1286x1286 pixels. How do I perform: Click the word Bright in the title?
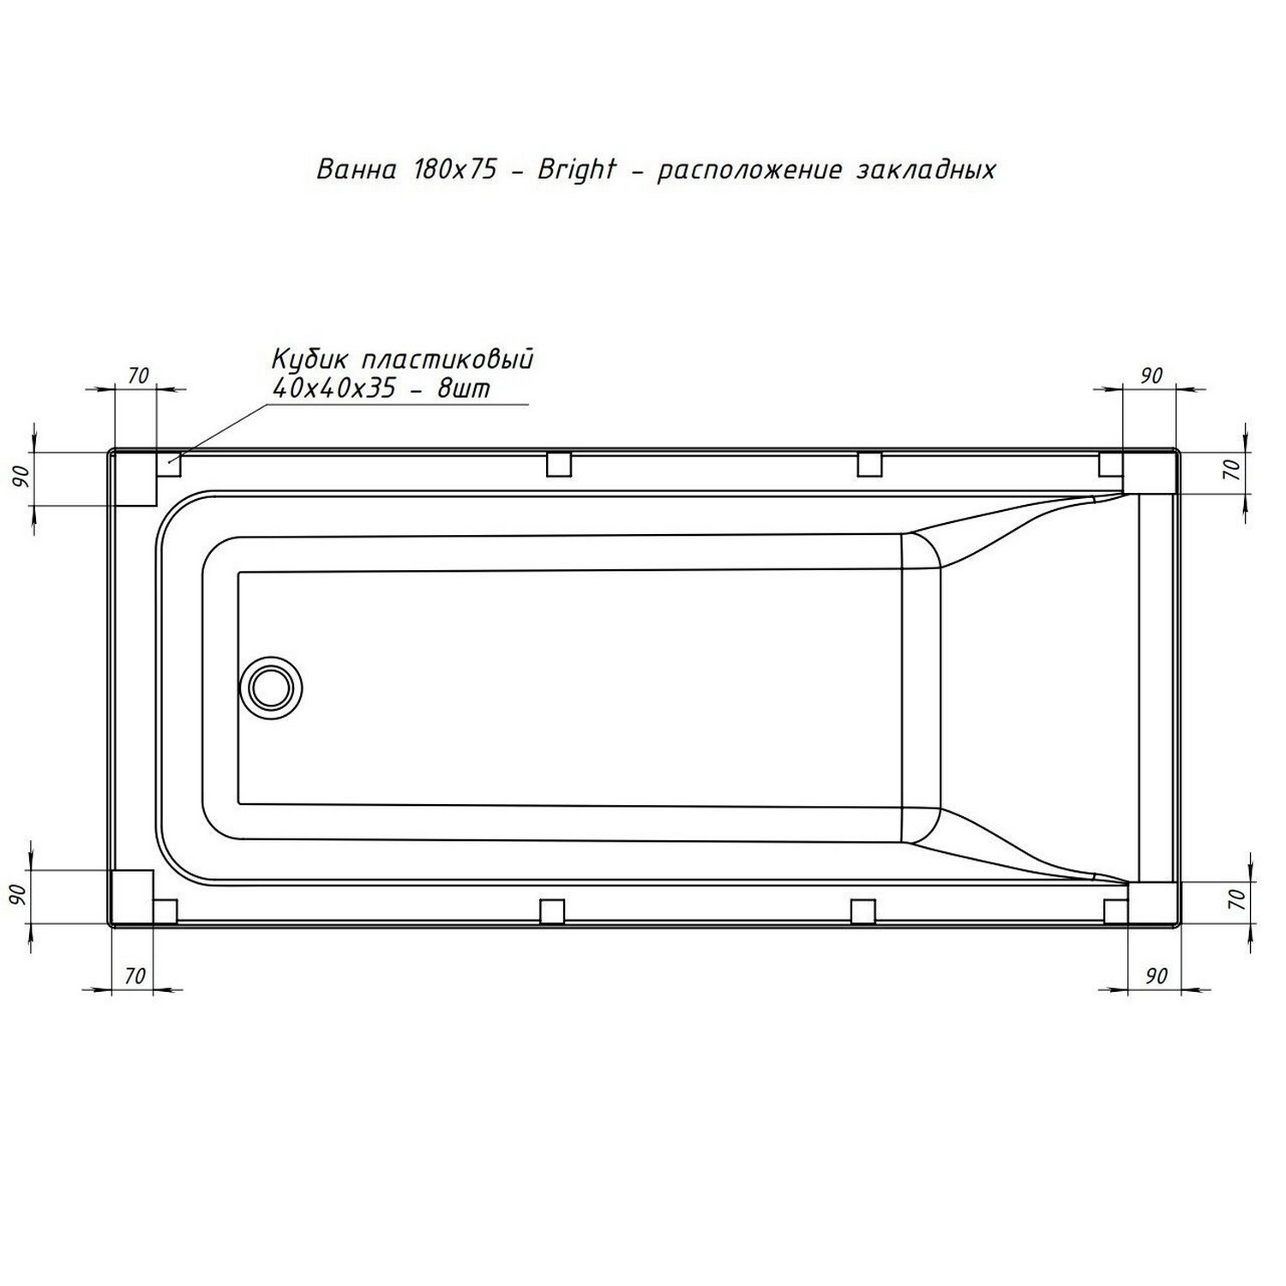click(576, 170)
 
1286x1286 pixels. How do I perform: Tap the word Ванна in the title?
click(357, 170)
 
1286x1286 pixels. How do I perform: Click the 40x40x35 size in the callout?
click(334, 388)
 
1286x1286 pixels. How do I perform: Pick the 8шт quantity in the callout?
click(464, 388)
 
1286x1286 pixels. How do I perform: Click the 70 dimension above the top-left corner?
click(139, 376)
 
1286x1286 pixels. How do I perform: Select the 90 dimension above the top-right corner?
click(1151, 376)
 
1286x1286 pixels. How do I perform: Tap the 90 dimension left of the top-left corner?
click(21, 476)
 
